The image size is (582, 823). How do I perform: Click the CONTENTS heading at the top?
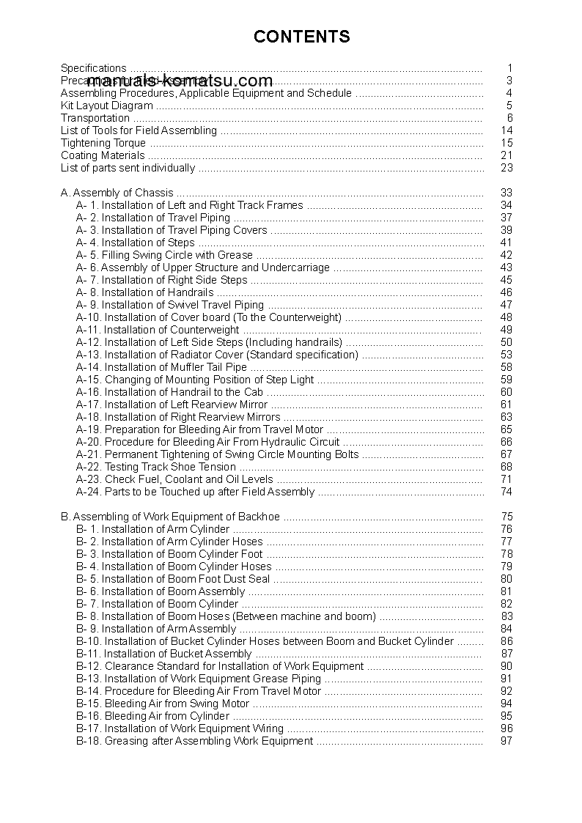coord(301,37)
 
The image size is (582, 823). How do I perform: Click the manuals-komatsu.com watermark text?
coord(179,81)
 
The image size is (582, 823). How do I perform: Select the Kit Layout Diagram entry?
coord(107,106)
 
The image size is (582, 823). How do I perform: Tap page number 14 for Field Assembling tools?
coord(506,130)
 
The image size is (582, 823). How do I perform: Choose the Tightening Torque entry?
coord(103,143)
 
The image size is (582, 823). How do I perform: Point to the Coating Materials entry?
coord(103,155)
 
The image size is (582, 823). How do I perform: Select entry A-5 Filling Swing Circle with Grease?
coord(164,255)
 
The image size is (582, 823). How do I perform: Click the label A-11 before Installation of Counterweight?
coord(87,330)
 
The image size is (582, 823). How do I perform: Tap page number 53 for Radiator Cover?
coord(506,355)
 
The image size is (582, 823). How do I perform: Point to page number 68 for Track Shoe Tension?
coord(506,467)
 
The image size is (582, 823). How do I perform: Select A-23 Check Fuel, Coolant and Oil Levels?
coord(174,479)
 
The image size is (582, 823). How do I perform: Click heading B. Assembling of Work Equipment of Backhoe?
coord(170,517)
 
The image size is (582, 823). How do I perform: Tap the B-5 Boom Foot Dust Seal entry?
coord(173,579)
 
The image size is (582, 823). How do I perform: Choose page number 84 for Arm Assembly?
coord(506,629)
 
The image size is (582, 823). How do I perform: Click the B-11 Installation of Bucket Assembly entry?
coord(164,654)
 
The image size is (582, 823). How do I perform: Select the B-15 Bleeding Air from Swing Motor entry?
coord(163,704)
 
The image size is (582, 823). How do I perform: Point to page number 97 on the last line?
coord(506,741)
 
